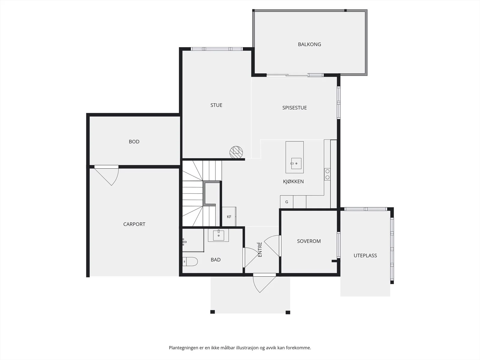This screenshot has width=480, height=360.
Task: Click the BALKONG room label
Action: tap(309, 44)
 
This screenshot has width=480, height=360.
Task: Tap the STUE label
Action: tap(216, 105)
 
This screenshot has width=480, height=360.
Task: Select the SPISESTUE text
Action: tap(294, 108)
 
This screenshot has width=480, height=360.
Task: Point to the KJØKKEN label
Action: tap(293, 181)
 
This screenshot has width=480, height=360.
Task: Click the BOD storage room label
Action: tap(134, 142)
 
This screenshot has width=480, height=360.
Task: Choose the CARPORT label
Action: tap(134, 224)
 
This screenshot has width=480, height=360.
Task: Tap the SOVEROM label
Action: tap(309, 241)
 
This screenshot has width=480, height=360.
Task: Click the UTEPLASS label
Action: tap(365, 256)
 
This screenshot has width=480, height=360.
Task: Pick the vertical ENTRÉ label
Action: tap(260, 249)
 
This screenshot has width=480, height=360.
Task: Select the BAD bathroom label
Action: tap(216, 260)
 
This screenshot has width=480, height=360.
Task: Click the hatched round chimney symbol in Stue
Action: tap(236, 152)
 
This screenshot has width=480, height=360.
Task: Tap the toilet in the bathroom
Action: tap(190, 261)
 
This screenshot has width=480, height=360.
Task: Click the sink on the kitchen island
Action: tap(296, 163)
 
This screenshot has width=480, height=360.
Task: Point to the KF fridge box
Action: tap(229, 217)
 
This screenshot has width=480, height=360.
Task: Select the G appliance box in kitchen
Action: tap(287, 202)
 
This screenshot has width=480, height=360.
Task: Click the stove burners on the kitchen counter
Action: tap(327, 174)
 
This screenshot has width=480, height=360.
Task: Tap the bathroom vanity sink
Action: tap(218, 235)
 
